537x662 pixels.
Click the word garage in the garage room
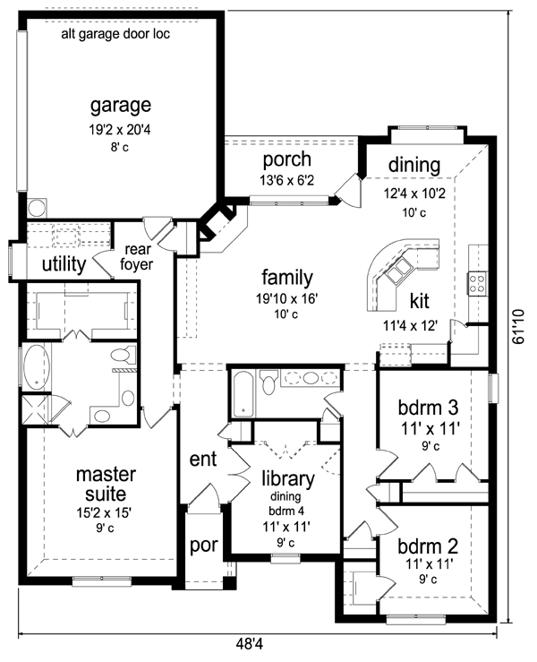(121, 106)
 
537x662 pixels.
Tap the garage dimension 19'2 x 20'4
(119, 130)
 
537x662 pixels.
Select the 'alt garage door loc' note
(115, 34)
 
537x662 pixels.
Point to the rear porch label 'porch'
(287, 160)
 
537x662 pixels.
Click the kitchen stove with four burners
(477, 283)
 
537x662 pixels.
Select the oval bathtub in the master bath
(37, 366)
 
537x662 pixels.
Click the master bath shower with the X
(35, 409)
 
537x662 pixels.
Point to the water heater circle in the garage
(37, 208)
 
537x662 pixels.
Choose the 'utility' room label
(64, 264)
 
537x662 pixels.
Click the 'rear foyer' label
(137, 257)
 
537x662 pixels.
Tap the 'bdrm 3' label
(428, 408)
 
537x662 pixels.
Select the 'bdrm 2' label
(428, 546)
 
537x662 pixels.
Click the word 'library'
(288, 479)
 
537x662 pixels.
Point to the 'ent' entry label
(203, 460)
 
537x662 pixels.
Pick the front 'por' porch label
(204, 545)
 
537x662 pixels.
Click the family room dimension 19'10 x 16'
(286, 299)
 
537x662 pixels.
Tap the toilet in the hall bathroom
(268, 383)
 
